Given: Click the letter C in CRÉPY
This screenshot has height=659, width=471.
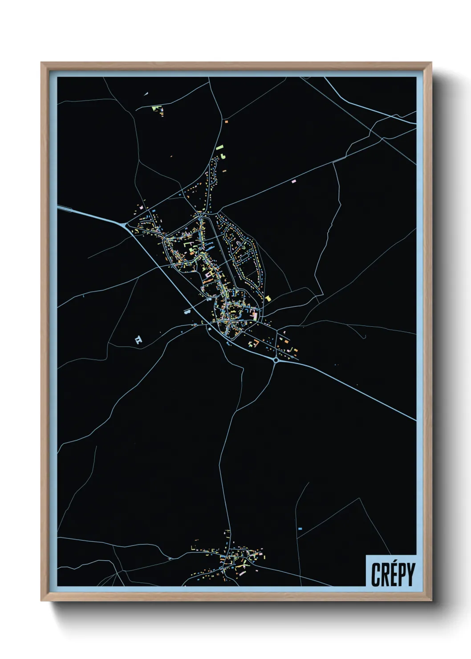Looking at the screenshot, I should point(376,574).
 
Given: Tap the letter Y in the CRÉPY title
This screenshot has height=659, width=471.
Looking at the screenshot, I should point(410,574).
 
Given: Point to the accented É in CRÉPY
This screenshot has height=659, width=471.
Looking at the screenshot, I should point(393,574).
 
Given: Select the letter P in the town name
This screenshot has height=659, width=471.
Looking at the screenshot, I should point(402,574).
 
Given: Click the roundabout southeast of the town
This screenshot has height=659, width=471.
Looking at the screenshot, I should point(276,360).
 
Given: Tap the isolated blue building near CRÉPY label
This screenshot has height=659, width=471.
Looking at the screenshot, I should point(300,529).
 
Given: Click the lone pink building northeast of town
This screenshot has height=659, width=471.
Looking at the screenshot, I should point(293,181).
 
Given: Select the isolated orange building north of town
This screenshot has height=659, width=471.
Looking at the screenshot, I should point(226,121).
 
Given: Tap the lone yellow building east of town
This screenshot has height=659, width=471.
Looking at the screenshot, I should point(268,298).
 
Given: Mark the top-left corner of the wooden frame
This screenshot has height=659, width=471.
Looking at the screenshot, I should point(41,63).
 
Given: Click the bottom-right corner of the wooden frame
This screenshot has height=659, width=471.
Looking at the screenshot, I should point(431,600).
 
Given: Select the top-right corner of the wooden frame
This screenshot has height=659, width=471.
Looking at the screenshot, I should point(431,63).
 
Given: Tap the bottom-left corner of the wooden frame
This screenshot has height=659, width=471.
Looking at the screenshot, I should point(41,600).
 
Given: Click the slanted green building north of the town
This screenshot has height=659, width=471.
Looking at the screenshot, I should point(219,147).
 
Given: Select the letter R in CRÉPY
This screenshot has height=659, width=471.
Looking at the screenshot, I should point(385,574).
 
